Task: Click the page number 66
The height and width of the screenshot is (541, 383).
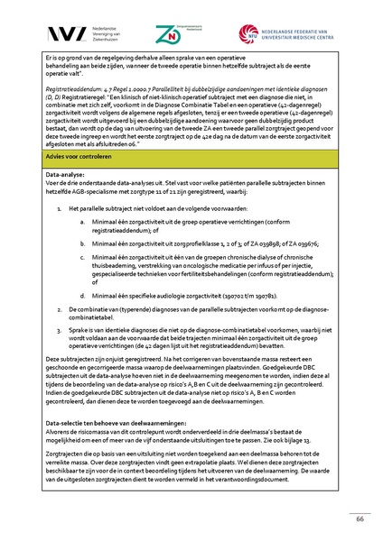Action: click(x=359, y=519)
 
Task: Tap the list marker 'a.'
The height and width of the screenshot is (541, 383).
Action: click(x=83, y=220)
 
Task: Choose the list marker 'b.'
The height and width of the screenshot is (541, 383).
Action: click(x=83, y=243)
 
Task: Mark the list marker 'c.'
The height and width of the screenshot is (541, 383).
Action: click(x=83, y=256)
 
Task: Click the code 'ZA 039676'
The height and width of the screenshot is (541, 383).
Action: click(x=302, y=243)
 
